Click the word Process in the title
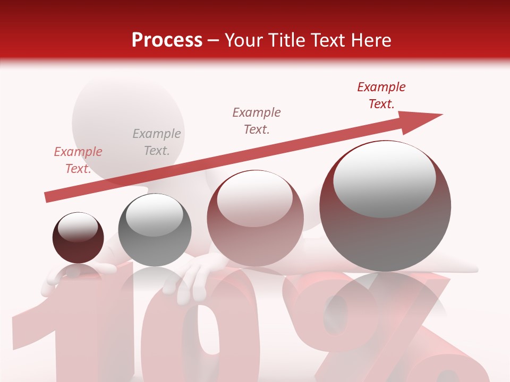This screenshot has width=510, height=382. (167, 40)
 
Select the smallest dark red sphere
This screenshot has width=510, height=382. (78, 238)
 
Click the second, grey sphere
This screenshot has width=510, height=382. (155, 230)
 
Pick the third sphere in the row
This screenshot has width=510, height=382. (255, 218)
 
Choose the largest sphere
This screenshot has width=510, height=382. (385, 206)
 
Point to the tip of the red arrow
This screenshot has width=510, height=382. (441, 114)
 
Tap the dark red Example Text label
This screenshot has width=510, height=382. (381, 95)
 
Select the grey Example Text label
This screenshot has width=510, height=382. (156, 142)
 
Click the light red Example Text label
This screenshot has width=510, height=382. (78, 160)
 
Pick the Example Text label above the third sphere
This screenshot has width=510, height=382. (257, 121)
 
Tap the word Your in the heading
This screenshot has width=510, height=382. (245, 40)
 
